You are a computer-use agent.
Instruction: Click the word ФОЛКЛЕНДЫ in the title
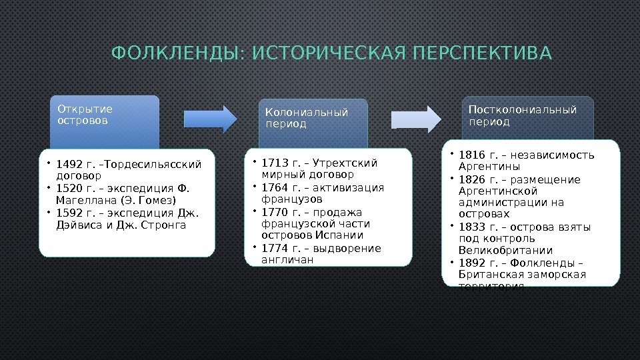pyautogui.click(x=174, y=53)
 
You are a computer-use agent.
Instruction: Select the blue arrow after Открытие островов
pyautogui.click(x=209, y=117)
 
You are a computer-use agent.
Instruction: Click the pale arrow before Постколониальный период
pyautogui.click(x=416, y=119)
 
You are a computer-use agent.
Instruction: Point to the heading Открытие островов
pyautogui.click(x=85, y=115)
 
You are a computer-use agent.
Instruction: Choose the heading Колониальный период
pyautogui.click(x=307, y=118)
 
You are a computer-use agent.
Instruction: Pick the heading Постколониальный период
pyautogui.click(x=522, y=115)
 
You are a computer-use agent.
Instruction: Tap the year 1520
pyautogui.click(x=67, y=189)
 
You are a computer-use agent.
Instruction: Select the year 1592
pyautogui.click(x=67, y=213)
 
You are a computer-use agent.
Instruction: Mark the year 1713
pyautogui.click(x=273, y=163)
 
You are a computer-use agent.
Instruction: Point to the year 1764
pyautogui.click(x=273, y=187)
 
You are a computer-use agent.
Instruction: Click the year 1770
pyautogui.click(x=273, y=212)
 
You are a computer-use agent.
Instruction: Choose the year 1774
pyautogui.click(x=273, y=249)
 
